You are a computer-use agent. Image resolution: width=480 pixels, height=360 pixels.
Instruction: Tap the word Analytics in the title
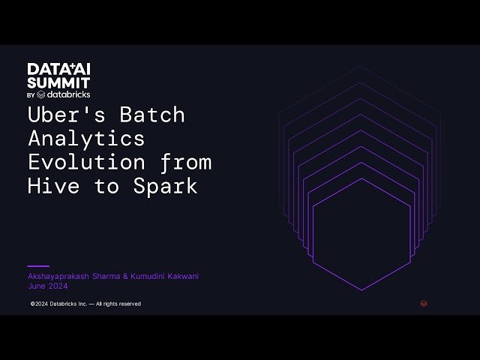(86, 139)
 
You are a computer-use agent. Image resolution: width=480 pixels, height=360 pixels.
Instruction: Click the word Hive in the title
(52, 186)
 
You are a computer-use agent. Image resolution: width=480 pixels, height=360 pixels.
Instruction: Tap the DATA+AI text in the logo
(58, 68)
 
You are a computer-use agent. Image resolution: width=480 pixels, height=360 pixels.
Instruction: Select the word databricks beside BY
(69, 95)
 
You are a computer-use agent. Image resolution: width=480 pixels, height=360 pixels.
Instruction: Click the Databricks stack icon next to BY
(41, 95)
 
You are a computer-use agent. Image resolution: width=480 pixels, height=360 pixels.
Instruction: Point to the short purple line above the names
(38, 265)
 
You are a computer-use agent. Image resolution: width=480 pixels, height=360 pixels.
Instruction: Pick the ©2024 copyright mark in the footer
(39, 304)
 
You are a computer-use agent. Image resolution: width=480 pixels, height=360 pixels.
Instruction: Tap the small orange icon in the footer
(424, 304)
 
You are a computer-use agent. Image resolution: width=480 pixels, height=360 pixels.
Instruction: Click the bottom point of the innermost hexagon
(361, 290)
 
